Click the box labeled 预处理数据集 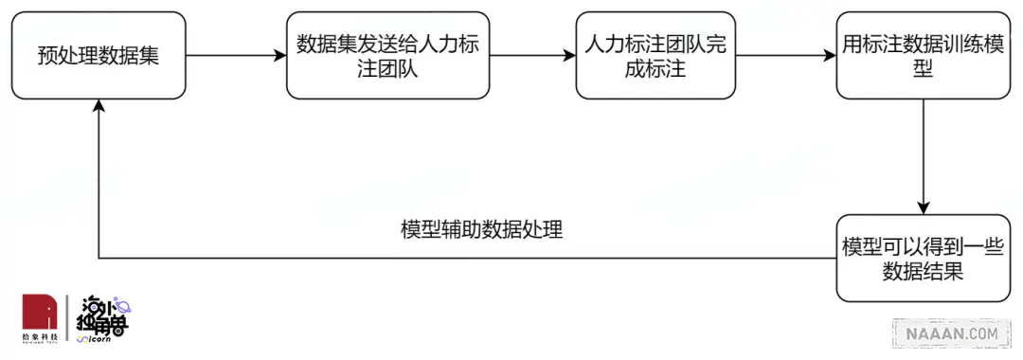(x=98, y=55)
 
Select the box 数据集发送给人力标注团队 (x=387, y=55)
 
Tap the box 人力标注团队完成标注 (x=655, y=55)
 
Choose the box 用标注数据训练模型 (x=923, y=55)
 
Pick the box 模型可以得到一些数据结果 (x=923, y=259)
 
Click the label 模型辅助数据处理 (x=481, y=230)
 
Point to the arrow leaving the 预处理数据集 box (x=236, y=56)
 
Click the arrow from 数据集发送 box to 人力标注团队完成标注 (x=532, y=56)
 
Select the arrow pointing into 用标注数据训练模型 (x=785, y=56)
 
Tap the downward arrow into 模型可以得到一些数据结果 (x=924, y=156)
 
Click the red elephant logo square (x=41, y=312)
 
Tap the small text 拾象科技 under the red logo (x=41, y=337)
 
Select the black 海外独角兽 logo (x=104, y=317)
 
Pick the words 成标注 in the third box (x=655, y=69)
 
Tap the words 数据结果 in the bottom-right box (x=923, y=273)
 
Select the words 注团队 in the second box (x=387, y=69)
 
